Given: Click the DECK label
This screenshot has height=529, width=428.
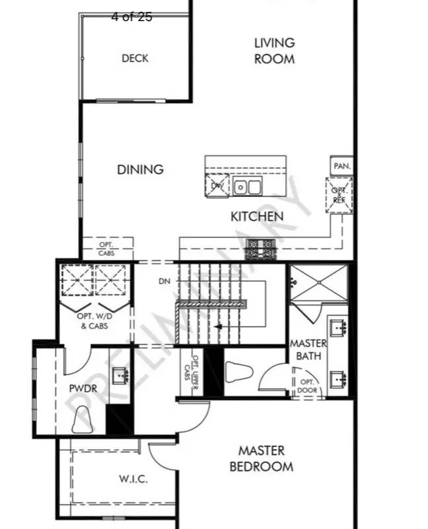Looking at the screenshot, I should click(x=135, y=58).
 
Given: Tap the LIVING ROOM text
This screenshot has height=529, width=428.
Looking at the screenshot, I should click(x=274, y=50).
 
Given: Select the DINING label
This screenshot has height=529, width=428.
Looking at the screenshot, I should click(x=140, y=169).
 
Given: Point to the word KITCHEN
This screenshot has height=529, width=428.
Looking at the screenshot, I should click(x=257, y=216).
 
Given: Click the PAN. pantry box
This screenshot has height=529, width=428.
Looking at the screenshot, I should click(x=341, y=166).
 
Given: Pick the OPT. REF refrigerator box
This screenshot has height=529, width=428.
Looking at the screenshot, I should click(x=339, y=195).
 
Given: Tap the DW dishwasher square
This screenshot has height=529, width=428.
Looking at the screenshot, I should click(x=217, y=186).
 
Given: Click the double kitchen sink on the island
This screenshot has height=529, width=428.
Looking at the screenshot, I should click(x=246, y=187).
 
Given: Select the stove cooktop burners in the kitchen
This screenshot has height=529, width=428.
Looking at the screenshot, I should click(x=261, y=249).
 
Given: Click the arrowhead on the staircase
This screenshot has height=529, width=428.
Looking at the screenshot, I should click(x=218, y=326).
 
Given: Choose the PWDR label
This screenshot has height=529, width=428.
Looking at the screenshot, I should click(x=83, y=389).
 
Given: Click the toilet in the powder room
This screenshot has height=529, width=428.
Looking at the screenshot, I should click(x=83, y=419).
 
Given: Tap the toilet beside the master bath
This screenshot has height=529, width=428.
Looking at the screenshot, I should click(x=238, y=372).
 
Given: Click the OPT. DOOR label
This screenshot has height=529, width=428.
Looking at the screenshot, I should click(x=308, y=386).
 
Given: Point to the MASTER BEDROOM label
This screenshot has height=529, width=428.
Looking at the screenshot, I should click(x=261, y=458).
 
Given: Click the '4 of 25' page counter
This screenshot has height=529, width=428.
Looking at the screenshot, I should click(x=131, y=17).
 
